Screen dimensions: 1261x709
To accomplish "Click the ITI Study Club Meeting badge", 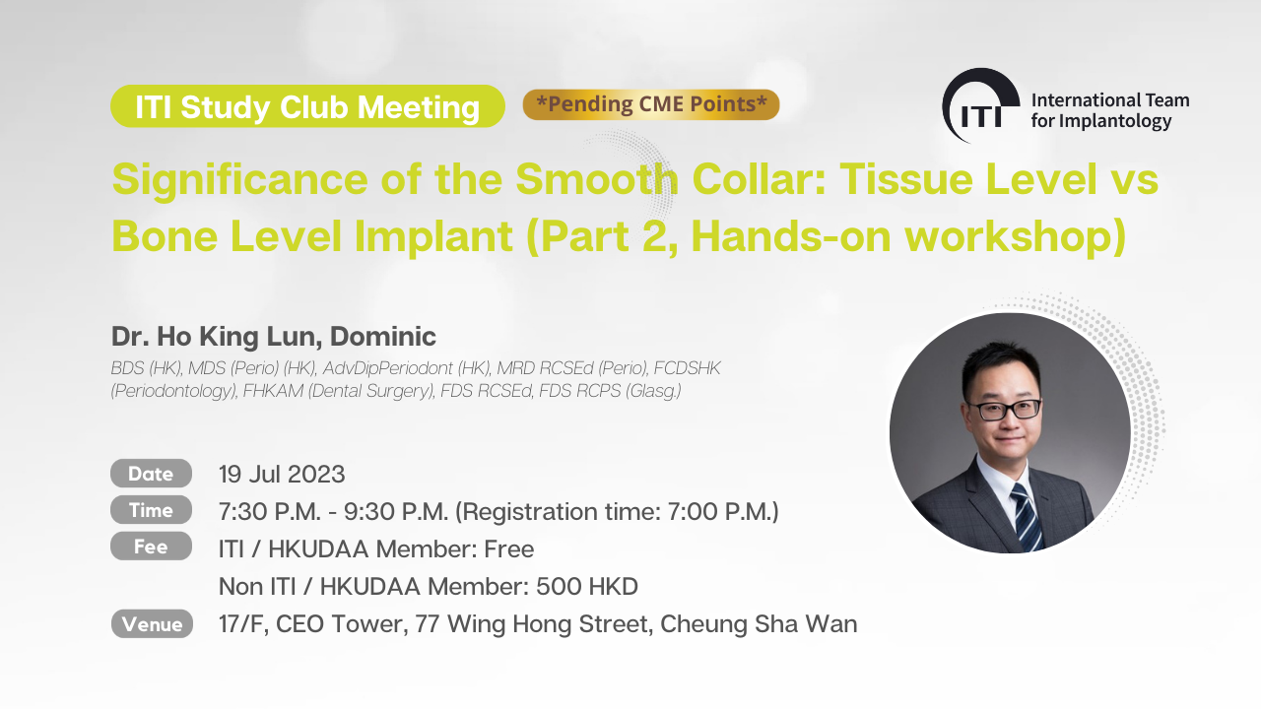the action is click(307, 106).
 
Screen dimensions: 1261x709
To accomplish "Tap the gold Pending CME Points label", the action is click(651, 104).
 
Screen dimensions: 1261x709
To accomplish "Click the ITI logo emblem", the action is click(980, 105).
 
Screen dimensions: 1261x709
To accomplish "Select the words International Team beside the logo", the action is click(1110, 100).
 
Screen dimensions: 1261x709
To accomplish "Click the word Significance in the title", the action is click(240, 179).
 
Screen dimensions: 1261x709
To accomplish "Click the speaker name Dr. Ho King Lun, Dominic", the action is click(274, 336).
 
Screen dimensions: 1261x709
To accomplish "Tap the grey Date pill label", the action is click(151, 474).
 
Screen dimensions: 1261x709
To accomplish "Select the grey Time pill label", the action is click(151, 510).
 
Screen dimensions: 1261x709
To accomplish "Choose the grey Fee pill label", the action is click(151, 547).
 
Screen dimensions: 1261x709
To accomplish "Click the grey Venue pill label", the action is click(152, 623).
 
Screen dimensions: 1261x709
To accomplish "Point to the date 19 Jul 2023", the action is click(282, 475).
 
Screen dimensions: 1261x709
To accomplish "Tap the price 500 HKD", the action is click(587, 586).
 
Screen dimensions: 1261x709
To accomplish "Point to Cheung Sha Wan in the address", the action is click(759, 624).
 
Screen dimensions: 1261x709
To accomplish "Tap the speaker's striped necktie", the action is click(1027, 518).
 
